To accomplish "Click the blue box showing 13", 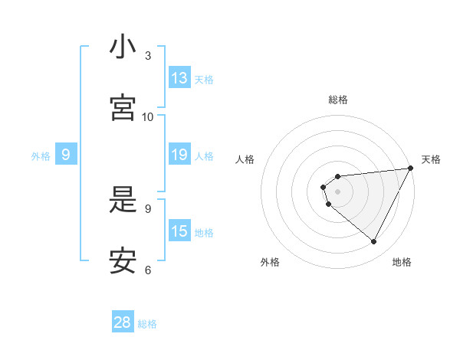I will (x=179, y=78).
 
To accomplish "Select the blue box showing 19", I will (x=179, y=155).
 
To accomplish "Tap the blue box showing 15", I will (x=179, y=231).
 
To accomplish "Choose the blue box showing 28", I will (x=123, y=322).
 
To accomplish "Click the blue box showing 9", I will (x=66, y=155).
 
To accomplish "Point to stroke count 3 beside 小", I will (x=148, y=55).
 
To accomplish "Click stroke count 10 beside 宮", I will (x=148, y=116).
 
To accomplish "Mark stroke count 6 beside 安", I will (x=148, y=270).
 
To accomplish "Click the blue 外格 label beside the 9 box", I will (x=41, y=155).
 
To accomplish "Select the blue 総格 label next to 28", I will (x=147, y=324).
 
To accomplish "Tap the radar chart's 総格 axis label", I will (x=338, y=100).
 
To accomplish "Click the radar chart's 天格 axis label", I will (x=431, y=159).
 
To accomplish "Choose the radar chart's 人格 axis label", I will (x=245, y=159).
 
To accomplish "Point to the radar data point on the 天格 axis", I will (x=410, y=168).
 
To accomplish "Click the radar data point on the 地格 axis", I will (x=374, y=242).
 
